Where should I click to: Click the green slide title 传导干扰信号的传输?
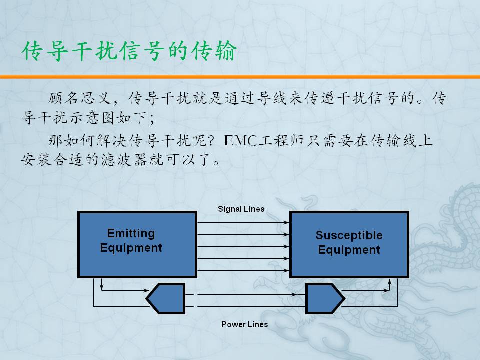[129, 51]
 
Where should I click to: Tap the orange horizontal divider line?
[240, 77]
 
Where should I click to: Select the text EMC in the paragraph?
[240, 141]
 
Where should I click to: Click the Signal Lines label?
[241, 209]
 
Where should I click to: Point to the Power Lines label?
[244, 324]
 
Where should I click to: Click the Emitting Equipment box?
[137, 244]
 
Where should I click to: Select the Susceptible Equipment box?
[349, 244]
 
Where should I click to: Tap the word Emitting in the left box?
[131, 233]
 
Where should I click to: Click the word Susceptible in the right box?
[349, 235]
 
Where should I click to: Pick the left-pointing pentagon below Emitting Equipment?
[166, 298]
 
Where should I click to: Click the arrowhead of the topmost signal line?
[286, 223]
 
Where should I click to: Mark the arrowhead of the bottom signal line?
[286, 270]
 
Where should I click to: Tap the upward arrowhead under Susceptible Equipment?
[389, 282]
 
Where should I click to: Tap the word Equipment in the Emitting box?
[131, 248]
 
